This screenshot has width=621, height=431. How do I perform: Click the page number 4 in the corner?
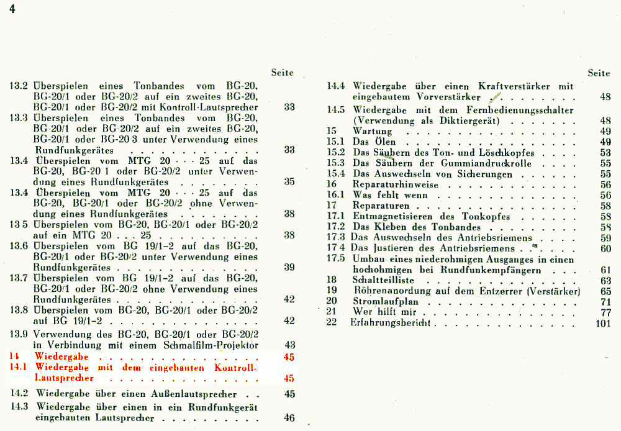[x=12, y=11]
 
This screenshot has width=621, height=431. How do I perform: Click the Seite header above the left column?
[x=282, y=73]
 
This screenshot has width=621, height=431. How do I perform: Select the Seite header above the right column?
[x=599, y=73]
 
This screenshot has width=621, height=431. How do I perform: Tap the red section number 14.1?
[x=19, y=368]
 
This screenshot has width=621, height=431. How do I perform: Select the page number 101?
[x=603, y=324]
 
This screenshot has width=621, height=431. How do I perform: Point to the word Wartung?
[x=372, y=132]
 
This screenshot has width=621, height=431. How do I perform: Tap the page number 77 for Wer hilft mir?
[x=605, y=312]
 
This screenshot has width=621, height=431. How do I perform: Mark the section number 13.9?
[x=19, y=334]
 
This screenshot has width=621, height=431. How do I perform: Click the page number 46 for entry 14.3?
[x=289, y=418]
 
